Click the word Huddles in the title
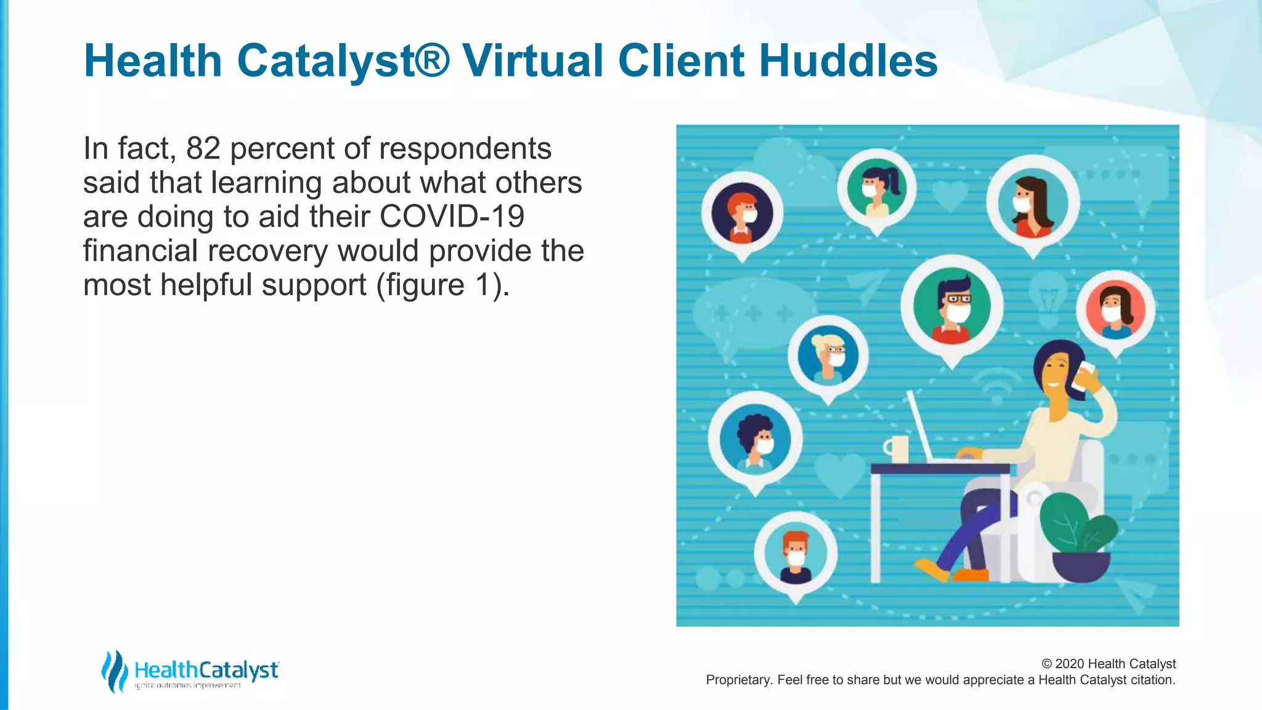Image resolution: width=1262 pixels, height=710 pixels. point(848,61)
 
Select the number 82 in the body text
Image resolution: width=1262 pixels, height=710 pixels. point(203,149)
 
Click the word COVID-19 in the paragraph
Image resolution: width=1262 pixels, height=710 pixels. point(452,217)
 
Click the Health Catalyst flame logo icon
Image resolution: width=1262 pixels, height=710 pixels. point(114,671)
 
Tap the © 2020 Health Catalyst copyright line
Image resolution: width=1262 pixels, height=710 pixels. point(1108,664)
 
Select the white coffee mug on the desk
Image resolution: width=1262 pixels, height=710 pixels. point(897,449)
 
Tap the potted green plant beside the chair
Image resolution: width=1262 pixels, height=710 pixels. point(1078,536)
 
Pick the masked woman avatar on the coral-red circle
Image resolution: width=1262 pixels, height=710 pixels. point(1115,309)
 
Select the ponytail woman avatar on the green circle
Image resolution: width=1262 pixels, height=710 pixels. point(876,188)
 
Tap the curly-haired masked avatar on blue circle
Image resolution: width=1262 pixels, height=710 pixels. point(755,439)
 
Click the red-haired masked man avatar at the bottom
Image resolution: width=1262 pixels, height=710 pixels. point(796,554)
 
